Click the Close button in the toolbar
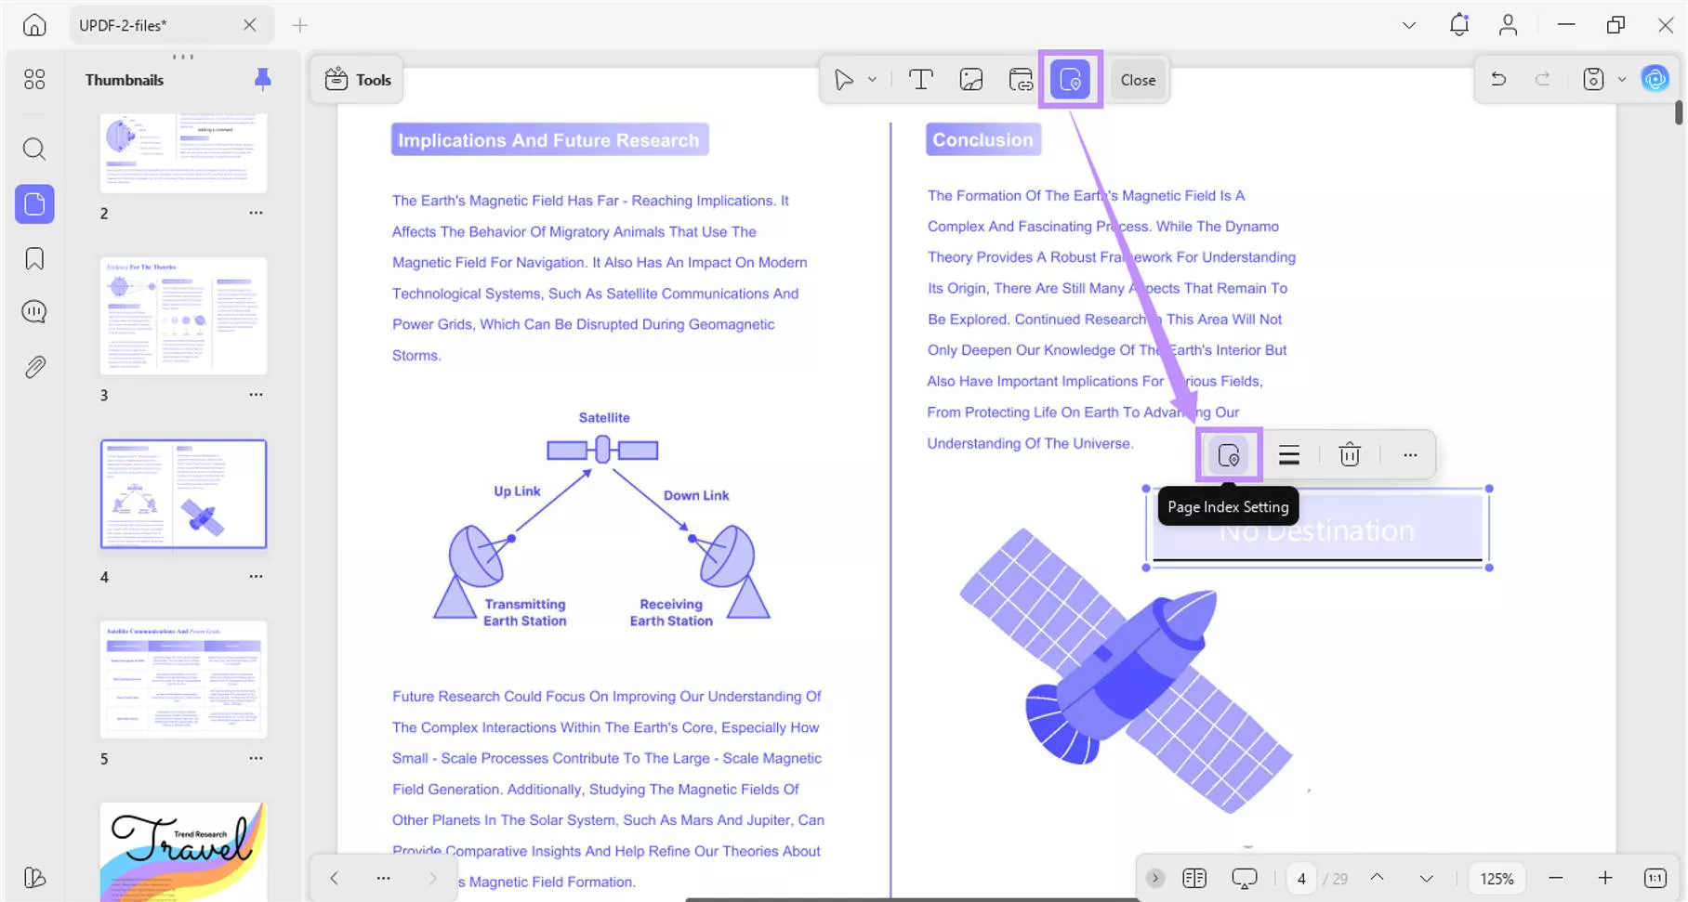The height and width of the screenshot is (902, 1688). [x=1138, y=80]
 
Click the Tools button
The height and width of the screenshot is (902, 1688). [x=358, y=80]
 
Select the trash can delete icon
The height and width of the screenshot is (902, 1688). [x=1349, y=455]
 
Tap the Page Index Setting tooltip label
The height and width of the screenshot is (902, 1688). [x=1227, y=507]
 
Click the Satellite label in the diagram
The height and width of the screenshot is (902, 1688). [x=604, y=418]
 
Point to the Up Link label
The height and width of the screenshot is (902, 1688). [x=517, y=491]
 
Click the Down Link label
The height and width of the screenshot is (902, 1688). [x=695, y=496]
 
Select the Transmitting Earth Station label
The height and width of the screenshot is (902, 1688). [x=524, y=612]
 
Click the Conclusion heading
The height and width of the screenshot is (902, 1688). [x=982, y=140]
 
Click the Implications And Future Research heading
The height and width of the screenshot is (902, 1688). [x=548, y=140]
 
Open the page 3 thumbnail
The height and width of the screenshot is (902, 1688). [x=183, y=316]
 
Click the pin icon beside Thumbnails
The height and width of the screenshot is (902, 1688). [x=263, y=80]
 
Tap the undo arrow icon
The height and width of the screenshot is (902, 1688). [x=1498, y=80]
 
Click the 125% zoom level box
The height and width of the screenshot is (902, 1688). [x=1497, y=879]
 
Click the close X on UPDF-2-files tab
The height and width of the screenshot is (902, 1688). [x=249, y=25]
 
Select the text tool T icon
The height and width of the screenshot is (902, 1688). [x=920, y=80]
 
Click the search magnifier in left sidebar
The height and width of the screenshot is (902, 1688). [x=34, y=149]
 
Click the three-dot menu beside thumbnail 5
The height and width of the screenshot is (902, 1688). [x=256, y=758]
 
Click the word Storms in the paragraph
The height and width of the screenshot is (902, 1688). [x=415, y=356]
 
